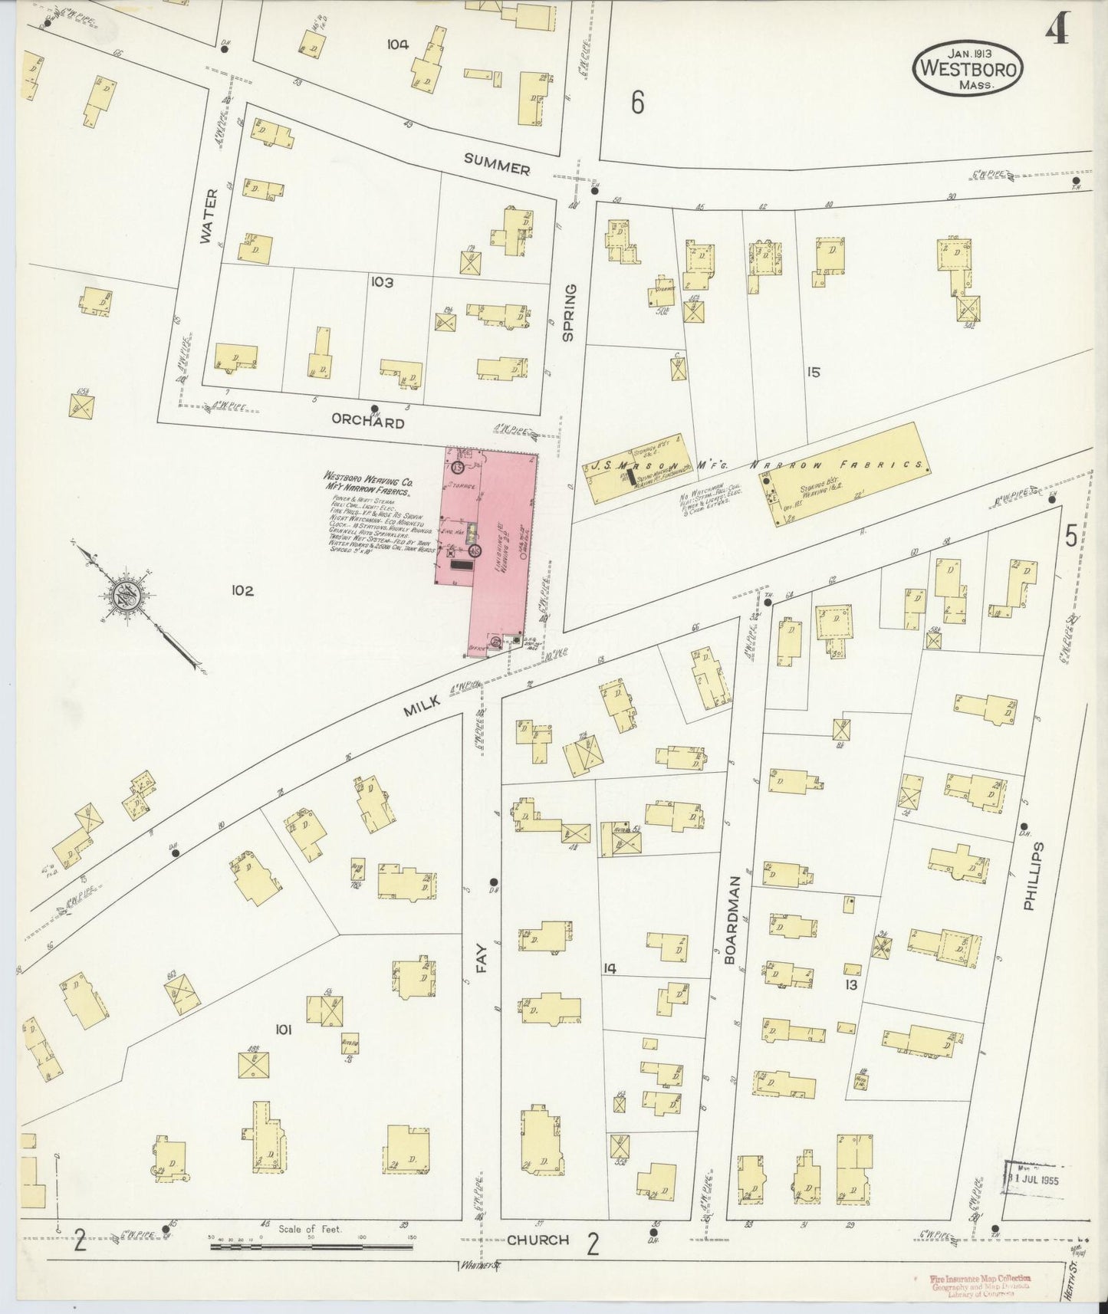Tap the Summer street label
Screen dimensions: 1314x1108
point(497,164)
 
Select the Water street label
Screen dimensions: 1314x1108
point(210,217)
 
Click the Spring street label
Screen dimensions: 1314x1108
point(568,312)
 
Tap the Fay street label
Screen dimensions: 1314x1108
point(482,958)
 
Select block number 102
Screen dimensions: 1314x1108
point(242,590)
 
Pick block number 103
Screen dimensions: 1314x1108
point(382,282)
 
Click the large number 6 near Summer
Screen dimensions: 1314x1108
point(637,102)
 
